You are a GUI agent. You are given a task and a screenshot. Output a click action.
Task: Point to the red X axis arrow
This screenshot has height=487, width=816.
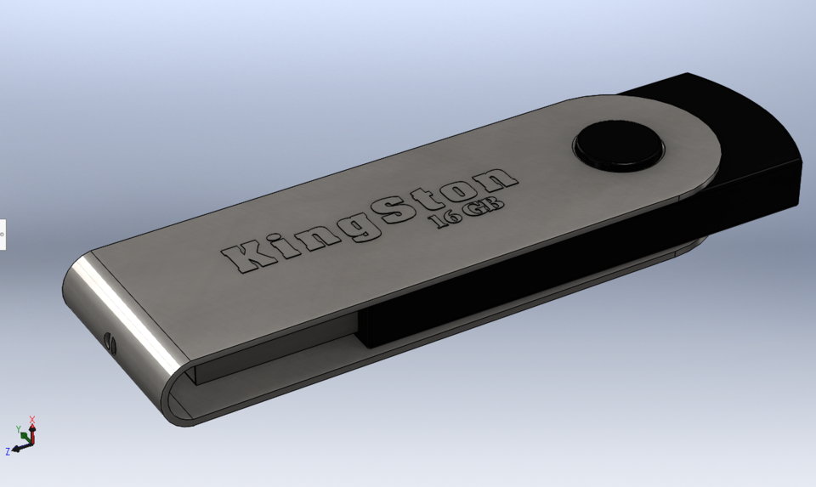[32, 426]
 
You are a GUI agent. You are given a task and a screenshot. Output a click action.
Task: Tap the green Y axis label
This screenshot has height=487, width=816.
[18, 430]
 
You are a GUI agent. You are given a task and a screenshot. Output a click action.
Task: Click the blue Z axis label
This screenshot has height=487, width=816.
[8, 451]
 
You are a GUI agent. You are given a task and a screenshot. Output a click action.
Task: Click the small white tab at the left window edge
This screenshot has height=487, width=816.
[3, 235]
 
